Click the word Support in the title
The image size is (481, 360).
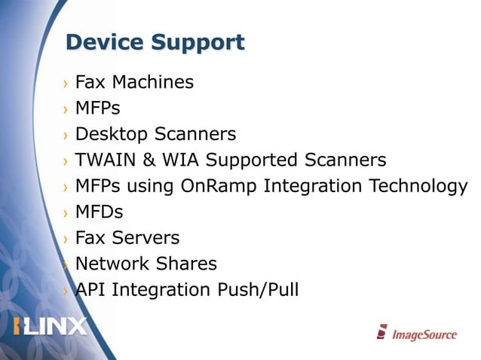point(198,43)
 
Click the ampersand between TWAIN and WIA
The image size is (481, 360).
point(149,160)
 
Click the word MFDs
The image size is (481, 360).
point(99,212)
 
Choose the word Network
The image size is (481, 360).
point(110,264)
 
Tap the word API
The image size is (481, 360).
point(90,289)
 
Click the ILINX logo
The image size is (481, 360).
point(51,327)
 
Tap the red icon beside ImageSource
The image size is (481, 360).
point(382,331)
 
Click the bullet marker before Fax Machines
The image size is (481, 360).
point(66,83)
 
